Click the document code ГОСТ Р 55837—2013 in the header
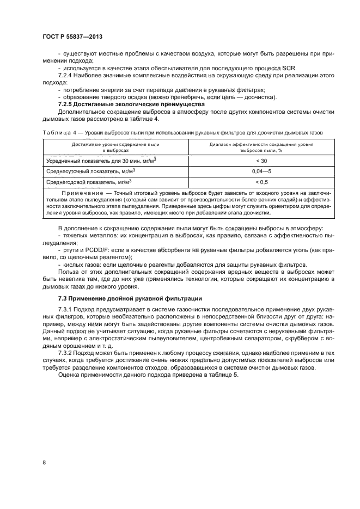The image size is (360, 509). [x=72, y=36]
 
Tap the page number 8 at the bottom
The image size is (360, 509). [x=44, y=463]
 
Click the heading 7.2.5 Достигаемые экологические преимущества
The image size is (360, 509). [x=131, y=104]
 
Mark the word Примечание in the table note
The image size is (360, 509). [x=82, y=193]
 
